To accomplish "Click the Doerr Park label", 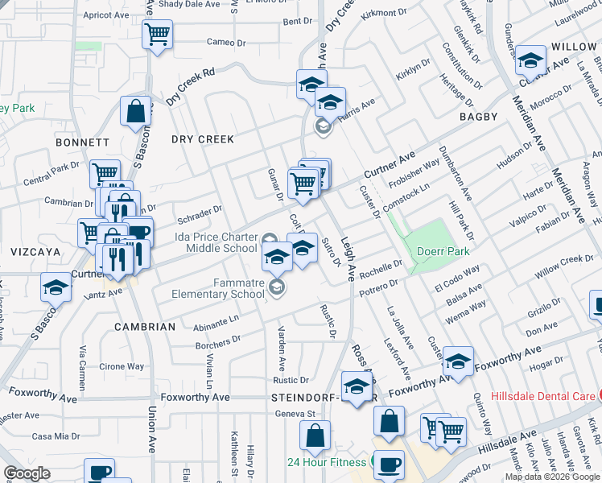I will point(443,250).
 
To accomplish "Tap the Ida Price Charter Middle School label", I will point(216,242).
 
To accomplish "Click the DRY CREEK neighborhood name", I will point(203,139).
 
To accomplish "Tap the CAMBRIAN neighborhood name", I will point(145,327).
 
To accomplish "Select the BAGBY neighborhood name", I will point(480,118).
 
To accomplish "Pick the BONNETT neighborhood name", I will point(82,142).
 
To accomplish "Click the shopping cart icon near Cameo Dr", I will point(158,35).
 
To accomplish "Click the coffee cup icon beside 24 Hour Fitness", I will point(390,465).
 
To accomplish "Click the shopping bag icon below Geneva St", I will point(315,436).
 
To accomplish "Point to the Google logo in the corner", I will point(27,473).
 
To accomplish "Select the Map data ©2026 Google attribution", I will point(552,477).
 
